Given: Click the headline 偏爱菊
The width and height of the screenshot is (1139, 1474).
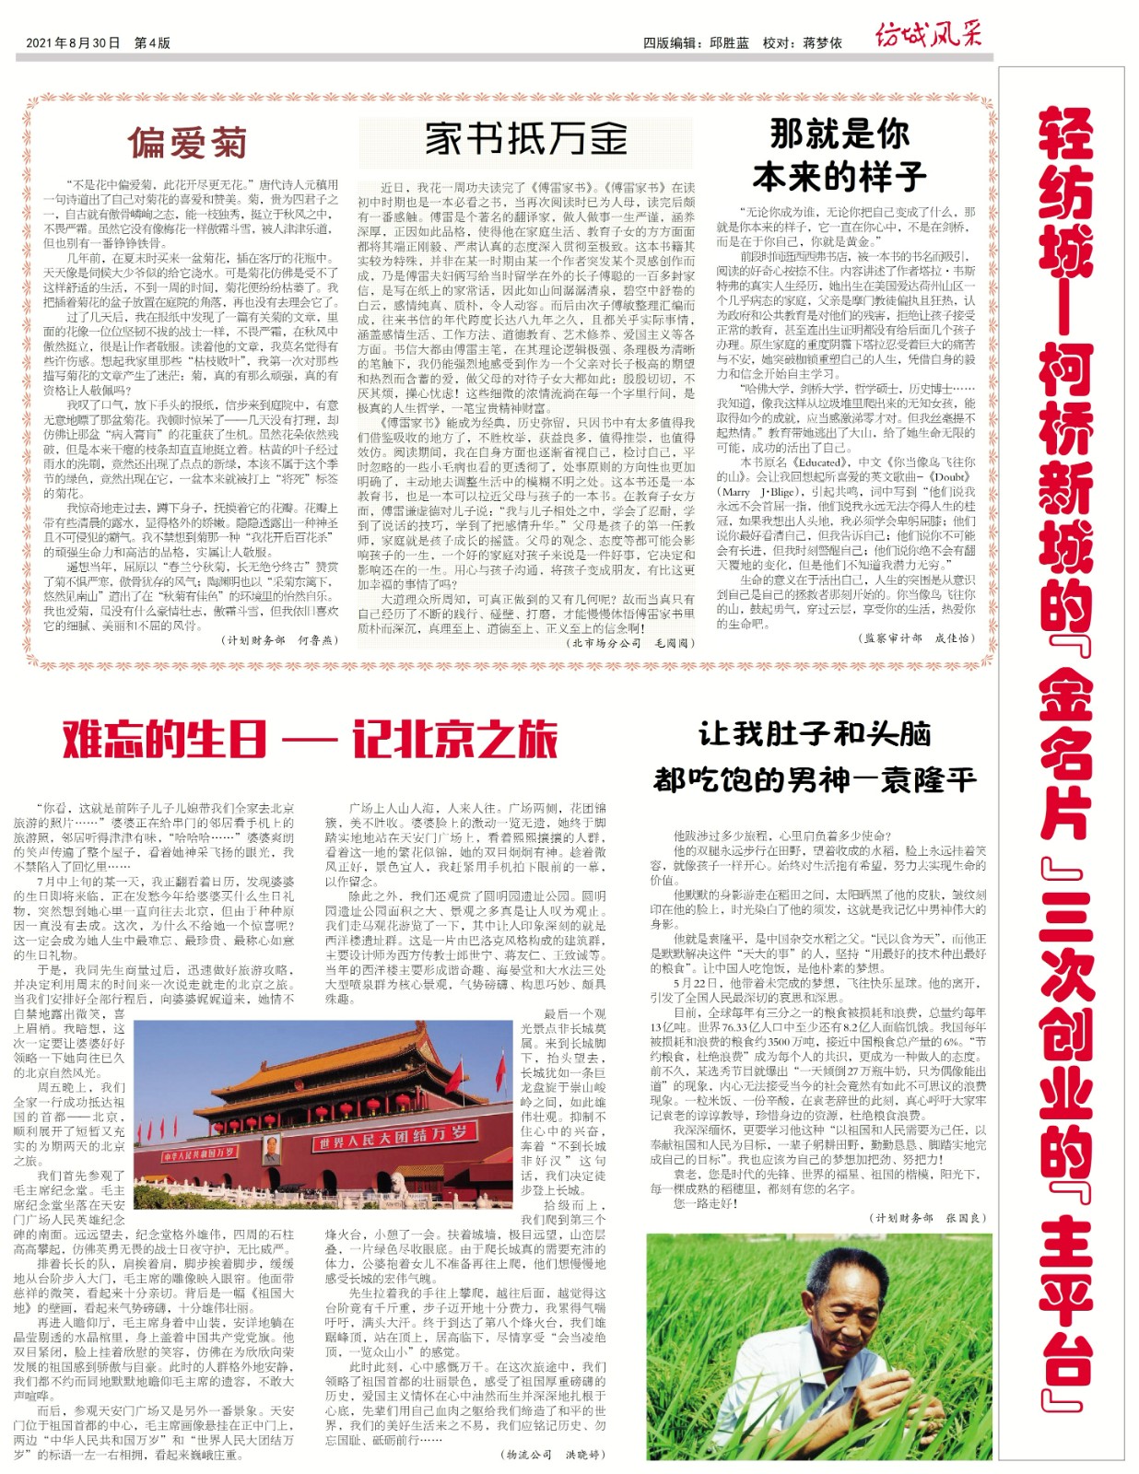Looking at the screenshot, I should click(x=187, y=143).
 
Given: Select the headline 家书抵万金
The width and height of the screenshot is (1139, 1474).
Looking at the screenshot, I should click(x=525, y=138).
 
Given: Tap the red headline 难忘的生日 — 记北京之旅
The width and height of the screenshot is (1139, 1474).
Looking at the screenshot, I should click(x=310, y=739).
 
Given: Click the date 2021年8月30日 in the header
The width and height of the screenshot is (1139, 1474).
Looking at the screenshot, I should click(x=73, y=43).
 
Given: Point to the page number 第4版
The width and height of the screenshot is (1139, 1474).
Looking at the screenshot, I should click(x=152, y=43).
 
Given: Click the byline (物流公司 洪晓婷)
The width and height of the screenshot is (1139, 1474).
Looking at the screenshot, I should click(x=554, y=1454).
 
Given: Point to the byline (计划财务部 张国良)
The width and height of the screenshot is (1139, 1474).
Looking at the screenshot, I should click(x=928, y=1217).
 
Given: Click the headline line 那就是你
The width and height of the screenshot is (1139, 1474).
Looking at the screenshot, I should click(x=840, y=135).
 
